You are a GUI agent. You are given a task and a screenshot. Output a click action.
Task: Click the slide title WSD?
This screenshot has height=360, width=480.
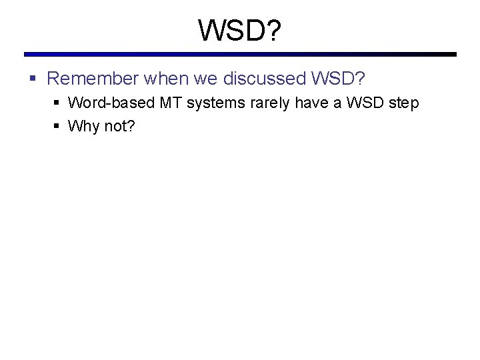pyautogui.click(x=240, y=30)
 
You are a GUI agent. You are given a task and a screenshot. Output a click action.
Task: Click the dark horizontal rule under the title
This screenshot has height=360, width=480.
pyautogui.click(x=240, y=55)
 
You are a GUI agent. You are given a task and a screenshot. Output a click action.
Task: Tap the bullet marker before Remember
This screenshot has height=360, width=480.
pyautogui.click(x=33, y=79)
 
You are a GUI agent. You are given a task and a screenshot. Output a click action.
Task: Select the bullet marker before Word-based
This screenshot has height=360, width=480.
pyautogui.click(x=57, y=103)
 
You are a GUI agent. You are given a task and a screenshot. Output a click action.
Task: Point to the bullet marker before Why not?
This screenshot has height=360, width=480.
pyautogui.click(x=57, y=126)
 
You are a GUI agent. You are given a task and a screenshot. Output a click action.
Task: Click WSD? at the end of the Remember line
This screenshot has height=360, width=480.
pyautogui.click(x=338, y=79)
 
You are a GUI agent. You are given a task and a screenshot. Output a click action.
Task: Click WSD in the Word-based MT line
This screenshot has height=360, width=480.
pyautogui.click(x=361, y=103)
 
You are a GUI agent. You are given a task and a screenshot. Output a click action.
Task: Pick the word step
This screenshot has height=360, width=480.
pyautogui.click(x=404, y=103)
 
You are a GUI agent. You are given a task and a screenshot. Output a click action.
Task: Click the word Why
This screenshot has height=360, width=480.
pyautogui.click(x=83, y=126)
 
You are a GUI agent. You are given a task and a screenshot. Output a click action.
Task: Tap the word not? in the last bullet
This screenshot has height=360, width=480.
pyautogui.click(x=119, y=126)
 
